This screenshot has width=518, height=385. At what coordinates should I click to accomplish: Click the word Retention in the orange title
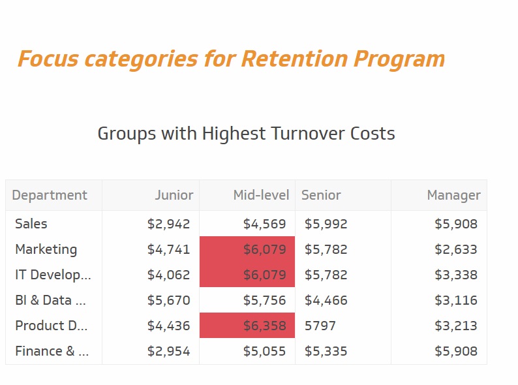click(294, 59)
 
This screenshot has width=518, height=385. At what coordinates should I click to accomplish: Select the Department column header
click(50, 195)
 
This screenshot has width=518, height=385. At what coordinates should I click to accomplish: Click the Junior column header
click(174, 195)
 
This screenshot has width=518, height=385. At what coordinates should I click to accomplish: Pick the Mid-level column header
click(261, 195)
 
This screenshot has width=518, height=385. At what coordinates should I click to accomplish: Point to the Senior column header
click(321, 195)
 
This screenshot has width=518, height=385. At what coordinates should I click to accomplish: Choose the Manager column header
click(453, 195)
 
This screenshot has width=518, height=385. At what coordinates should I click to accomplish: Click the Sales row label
click(31, 224)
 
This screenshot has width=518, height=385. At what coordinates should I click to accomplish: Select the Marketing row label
click(46, 249)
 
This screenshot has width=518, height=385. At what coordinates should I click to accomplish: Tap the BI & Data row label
click(50, 300)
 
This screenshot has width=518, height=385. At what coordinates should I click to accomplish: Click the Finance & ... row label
click(52, 351)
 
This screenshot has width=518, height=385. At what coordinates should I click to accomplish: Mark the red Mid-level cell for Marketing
click(247, 249)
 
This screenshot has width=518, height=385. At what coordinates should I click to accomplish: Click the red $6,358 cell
click(247, 325)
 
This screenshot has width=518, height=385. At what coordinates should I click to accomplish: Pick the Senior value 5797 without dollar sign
click(320, 326)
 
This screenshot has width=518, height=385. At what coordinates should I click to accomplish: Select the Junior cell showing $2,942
click(168, 224)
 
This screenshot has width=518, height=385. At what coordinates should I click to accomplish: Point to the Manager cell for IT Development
click(456, 275)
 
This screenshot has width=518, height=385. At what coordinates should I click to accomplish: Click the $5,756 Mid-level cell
click(264, 300)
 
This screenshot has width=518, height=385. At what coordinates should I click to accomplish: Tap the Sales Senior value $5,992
click(326, 224)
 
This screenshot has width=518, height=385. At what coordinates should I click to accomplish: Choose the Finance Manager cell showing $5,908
click(456, 351)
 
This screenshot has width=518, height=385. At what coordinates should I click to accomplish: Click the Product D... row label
click(51, 326)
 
